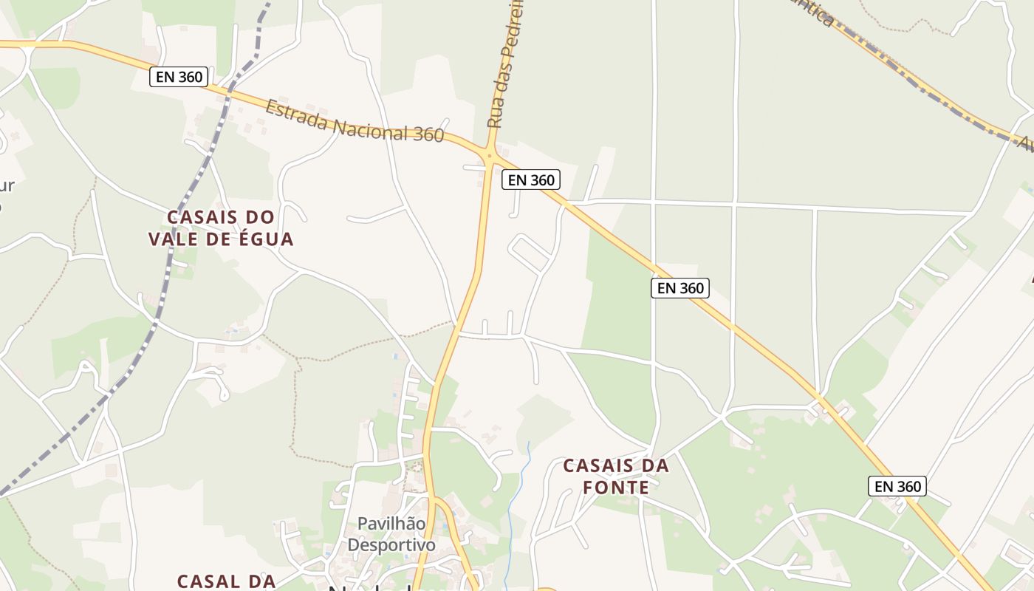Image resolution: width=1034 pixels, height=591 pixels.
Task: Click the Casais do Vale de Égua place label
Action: tap(221, 228)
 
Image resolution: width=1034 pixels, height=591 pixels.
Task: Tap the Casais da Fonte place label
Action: tap(615, 476)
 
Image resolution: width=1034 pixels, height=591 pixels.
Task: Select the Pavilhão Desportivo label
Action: tap(391, 534)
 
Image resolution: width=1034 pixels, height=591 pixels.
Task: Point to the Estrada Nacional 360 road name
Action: tap(355, 121)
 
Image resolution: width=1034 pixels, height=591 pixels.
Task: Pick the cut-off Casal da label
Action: tap(226, 581)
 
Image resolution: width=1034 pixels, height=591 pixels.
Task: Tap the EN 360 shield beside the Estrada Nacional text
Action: tap(179, 77)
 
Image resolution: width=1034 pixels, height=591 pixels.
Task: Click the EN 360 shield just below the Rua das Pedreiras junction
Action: tap(530, 180)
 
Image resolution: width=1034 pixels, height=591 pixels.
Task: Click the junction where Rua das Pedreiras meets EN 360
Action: tap(489, 154)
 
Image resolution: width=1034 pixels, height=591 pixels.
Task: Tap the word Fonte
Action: tap(615, 488)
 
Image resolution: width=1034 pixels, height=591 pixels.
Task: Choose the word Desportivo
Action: tap(391, 545)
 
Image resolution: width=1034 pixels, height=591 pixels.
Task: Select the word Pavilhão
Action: tap(391, 524)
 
